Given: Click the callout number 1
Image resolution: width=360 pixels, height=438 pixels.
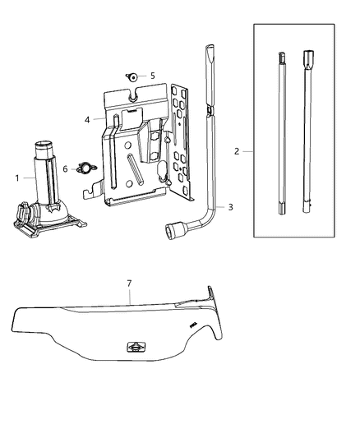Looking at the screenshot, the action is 17,178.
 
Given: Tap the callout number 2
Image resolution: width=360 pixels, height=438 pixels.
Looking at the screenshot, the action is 237,151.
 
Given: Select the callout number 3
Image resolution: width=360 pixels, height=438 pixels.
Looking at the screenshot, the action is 230,207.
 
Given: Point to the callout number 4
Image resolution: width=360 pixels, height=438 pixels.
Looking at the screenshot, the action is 87,120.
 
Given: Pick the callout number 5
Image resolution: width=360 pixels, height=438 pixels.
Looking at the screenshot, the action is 153,76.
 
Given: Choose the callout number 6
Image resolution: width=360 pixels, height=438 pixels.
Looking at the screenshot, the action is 65,168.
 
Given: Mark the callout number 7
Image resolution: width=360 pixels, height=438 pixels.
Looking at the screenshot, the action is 129,284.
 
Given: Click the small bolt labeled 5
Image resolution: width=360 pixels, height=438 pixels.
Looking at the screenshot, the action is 132,76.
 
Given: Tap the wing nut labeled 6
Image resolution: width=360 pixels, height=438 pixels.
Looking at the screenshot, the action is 85,168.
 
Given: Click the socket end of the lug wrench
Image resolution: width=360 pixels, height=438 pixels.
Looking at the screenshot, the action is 173,229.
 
